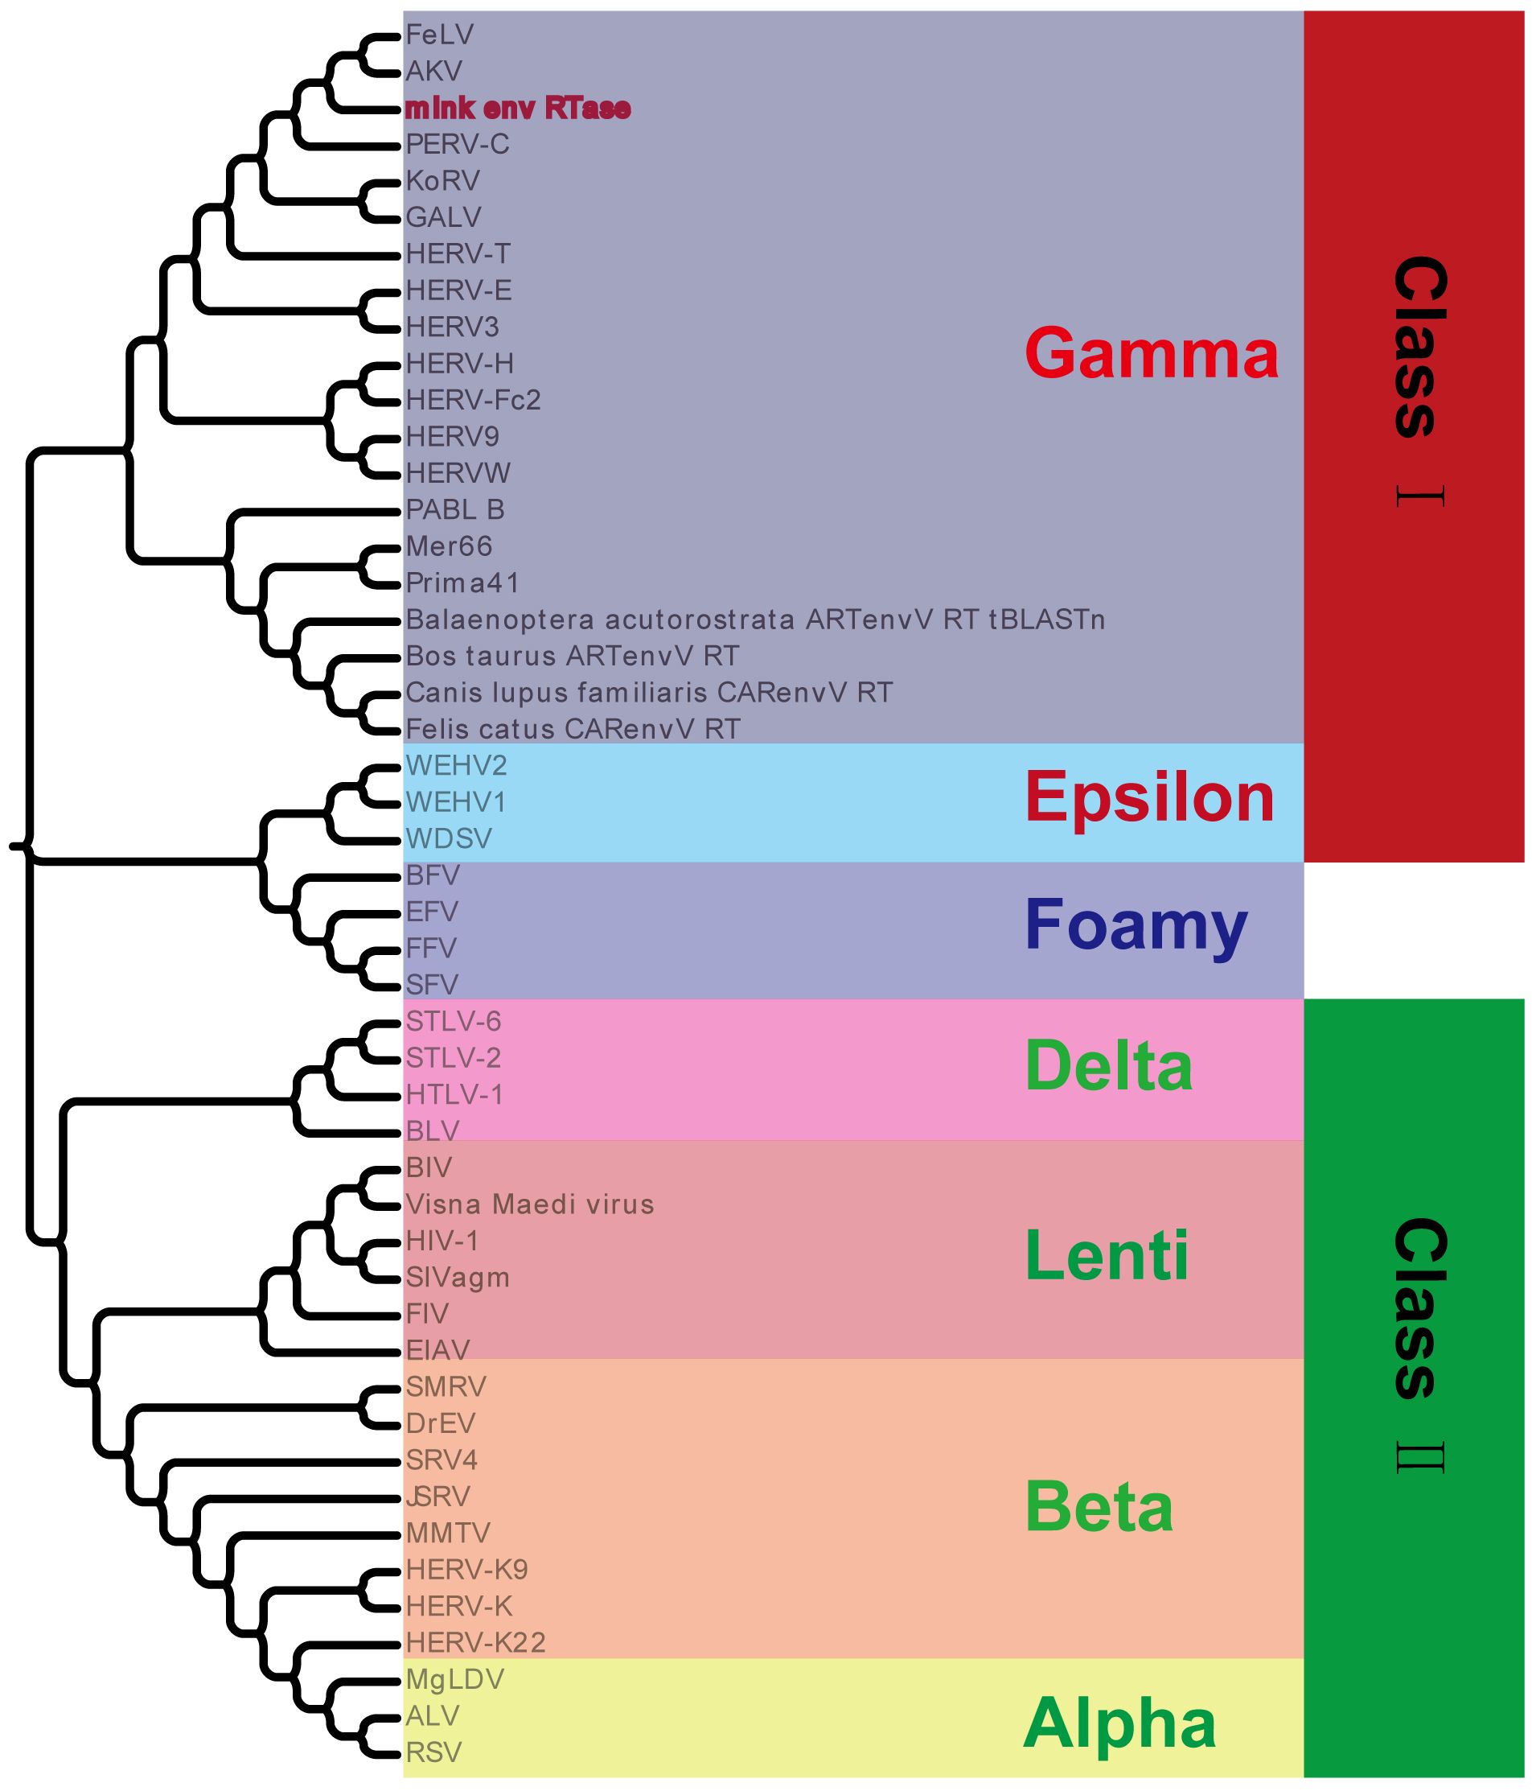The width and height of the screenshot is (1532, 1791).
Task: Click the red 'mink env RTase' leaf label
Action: [x=518, y=108]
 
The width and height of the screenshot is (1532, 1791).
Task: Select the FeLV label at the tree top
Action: [x=440, y=35]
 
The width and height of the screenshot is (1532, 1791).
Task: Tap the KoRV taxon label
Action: [x=443, y=181]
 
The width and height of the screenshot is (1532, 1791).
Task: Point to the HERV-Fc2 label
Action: [x=474, y=399]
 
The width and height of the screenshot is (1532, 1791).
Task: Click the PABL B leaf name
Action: [x=455, y=509]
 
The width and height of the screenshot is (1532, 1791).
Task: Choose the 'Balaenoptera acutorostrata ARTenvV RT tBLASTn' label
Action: [x=755, y=619]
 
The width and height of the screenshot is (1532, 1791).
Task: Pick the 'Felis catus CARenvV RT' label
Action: [x=573, y=729]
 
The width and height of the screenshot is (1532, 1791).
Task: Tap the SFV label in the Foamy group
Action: [x=432, y=984]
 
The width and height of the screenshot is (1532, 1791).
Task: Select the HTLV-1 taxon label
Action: [x=454, y=1094]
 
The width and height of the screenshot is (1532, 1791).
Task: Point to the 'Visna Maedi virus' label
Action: [x=530, y=1204]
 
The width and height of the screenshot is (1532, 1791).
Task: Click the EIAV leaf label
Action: [x=438, y=1349]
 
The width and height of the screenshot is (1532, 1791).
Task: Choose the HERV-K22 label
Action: [x=476, y=1641]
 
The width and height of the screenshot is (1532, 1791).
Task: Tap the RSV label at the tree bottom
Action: [x=433, y=1752]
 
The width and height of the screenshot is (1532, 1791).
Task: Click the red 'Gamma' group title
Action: [x=1151, y=352]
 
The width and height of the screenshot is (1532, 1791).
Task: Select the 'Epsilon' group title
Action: [x=1149, y=797]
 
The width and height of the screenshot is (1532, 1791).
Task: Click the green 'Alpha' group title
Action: [x=1119, y=1723]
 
